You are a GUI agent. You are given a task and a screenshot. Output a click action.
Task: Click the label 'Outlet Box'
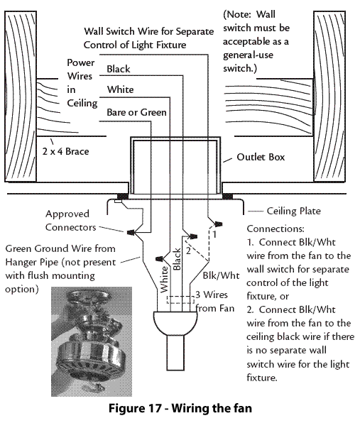pyautogui.click(x=261, y=157)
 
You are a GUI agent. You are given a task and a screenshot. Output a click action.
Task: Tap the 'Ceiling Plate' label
pyautogui.click(x=294, y=211)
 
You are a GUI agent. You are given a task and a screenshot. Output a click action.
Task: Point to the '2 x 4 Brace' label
pyautogui.click(x=65, y=151)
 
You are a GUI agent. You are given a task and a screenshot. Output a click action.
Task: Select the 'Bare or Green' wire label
pyautogui.click(x=136, y=112)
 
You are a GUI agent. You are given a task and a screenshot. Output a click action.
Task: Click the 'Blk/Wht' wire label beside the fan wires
pyautogui.click(x=221, y=275)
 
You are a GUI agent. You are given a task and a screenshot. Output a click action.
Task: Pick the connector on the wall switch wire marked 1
pyautogui.click(x=218, y=224)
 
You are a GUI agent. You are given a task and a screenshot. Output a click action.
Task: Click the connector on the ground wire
pyautogui.click(x=131, y=232)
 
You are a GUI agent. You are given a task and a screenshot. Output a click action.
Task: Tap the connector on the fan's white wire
pyautogui.click(x=160, y=259)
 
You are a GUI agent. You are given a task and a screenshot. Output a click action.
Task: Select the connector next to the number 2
pyautogui.click(x=192, y=236)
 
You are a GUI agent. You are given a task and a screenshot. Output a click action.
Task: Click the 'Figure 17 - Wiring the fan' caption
pyautogui.click(x=180, y=408)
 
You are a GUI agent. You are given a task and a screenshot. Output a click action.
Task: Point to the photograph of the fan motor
pyautogui.click(x=92, y=341)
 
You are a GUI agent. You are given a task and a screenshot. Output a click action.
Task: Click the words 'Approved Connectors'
pyautogui.click(x=71, y=221)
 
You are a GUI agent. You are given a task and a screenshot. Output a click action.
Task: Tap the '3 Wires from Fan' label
pyautogui.click(x=215, y=302)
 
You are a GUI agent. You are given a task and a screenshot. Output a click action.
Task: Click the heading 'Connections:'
pyautogui.click(x=276, y=229)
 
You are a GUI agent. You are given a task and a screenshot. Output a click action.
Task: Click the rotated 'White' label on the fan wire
pyautogui.click(x=164, y=280)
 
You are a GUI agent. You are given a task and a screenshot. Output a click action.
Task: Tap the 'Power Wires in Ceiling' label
pyautogui.click(x=82, y=83)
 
